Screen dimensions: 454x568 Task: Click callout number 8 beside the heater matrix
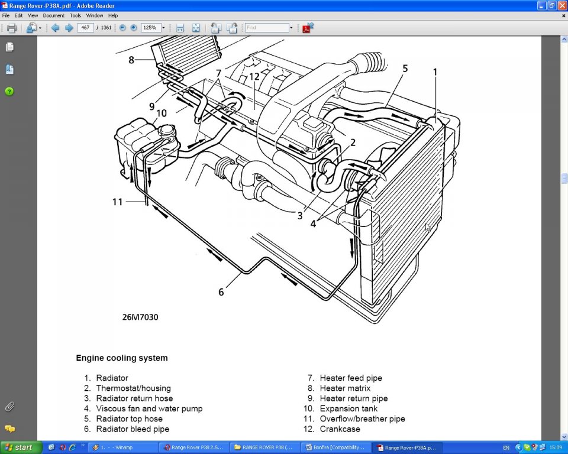[132, 59]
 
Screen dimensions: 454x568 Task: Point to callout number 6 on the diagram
[221, 292]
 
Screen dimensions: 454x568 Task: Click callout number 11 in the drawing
[118, 202]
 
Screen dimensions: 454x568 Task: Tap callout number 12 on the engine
[254, 76]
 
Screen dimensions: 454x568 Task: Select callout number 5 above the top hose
[405, 69]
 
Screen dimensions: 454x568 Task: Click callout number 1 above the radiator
[435, 72]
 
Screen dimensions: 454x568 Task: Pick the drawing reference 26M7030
[140, 317]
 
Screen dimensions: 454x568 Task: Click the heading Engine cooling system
[121, 358]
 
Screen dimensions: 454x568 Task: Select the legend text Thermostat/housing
[133, 388]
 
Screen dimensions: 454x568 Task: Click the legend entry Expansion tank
[348, 408]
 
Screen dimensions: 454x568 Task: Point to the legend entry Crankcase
[340, 429]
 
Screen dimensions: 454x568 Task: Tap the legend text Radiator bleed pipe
[133, 429]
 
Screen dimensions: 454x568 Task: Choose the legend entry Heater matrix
[345, 388]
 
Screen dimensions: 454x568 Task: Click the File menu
[6, 15]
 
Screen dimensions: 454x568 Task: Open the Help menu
[113, 15]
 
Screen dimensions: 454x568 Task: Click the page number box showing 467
[85, 28]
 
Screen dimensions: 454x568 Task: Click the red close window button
[562, 5]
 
